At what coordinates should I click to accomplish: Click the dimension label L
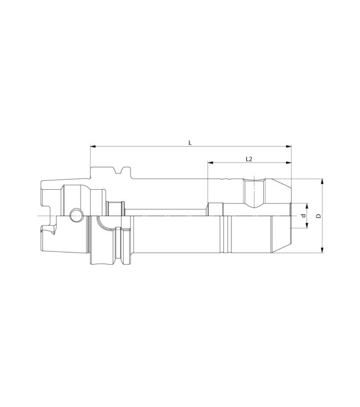[190, 143]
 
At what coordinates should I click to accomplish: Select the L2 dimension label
[249, 159]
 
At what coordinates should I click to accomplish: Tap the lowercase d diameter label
[302, 216]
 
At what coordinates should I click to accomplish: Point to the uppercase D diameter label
[319, 216]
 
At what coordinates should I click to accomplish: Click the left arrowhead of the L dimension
[93, 146]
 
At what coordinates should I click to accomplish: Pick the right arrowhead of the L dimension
[289, 146]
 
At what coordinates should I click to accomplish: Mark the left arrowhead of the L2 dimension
[210, 163]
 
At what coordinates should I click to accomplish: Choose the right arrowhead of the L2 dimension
[289, 163]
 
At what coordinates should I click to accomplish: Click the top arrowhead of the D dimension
[322, 181]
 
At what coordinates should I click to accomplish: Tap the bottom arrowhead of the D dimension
[322, 250]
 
